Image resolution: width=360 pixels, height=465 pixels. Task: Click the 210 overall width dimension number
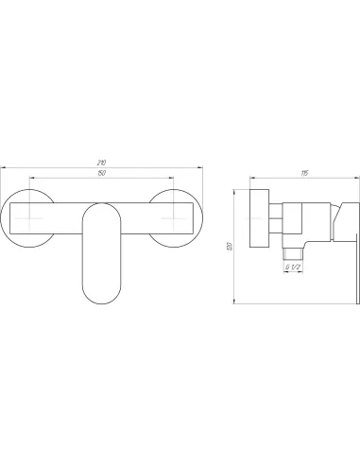[x=101, y=163]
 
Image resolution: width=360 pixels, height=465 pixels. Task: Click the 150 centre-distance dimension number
[x=102, y=173]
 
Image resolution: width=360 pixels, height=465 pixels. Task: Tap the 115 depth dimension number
[x=304, y=173]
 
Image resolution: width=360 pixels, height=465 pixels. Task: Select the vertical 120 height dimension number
[x=230, y=246]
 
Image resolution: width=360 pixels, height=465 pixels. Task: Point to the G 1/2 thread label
[x=293, y=267]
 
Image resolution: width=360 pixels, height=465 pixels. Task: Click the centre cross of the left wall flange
[x=29, y=218]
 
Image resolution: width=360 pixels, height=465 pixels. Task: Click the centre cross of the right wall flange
[x=174, y=218]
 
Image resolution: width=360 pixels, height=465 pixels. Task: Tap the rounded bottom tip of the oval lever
[x=101, y=303]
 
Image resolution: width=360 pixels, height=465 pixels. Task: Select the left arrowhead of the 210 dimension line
[x=3, y=168]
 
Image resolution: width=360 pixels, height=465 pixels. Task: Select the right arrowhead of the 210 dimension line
[x=200, y=168]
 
